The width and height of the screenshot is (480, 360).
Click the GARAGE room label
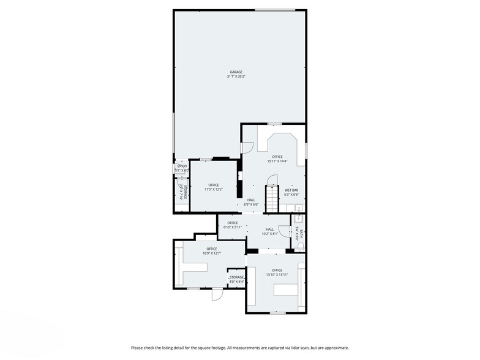[236, 72]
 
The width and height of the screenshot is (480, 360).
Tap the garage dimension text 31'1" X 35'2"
[236, 77]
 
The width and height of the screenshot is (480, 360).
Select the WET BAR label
[291, 190]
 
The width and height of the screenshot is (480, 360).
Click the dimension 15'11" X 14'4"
[277, 162]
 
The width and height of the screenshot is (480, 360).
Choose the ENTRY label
[182, 166]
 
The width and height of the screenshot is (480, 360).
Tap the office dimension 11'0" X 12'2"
[214, 189]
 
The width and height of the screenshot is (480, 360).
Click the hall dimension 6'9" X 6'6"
[251, 204]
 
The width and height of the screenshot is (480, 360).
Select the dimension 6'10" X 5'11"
[233, 227]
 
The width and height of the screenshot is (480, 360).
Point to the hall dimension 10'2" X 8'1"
[269, 233]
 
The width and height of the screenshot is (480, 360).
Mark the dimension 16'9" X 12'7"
[212, 253]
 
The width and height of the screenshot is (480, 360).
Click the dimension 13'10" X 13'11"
[277, 274]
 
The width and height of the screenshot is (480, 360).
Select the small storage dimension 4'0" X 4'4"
[237, 282]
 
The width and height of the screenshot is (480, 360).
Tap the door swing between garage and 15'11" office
[248, 148]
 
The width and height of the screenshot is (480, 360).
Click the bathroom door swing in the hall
[298, 218]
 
